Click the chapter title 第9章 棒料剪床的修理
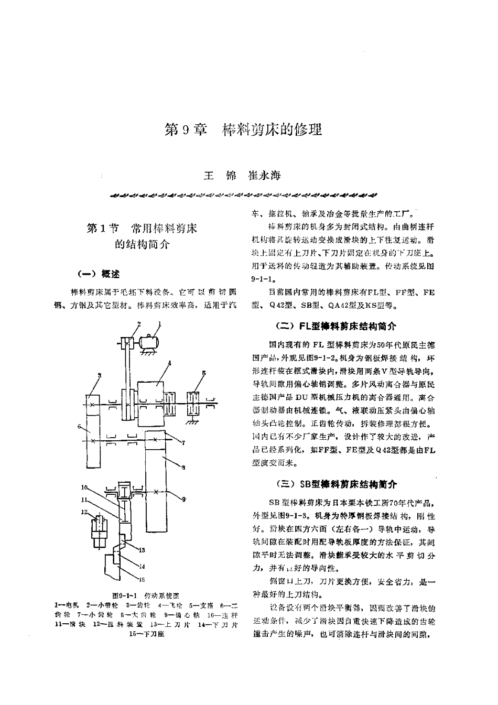coord(243,129)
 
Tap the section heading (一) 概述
coord(98,274)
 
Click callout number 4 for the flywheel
coord(169,363)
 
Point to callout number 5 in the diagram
coord(204,373)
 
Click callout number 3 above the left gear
coord(100,375)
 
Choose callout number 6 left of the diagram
coord(80,427)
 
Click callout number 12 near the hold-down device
coord(84,512)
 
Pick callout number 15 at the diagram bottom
coord(142,580)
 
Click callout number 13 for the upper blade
coord(142,549)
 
